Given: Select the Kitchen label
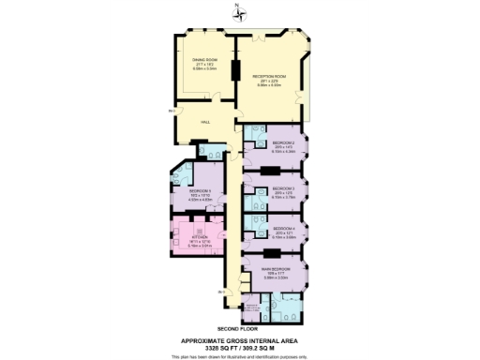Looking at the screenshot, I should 198,239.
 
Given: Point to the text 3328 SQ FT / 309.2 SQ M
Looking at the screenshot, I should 239,348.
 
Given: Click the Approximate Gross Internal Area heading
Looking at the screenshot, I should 239,340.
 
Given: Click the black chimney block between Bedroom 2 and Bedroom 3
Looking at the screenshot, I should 270,171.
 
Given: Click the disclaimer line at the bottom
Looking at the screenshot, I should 239,356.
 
